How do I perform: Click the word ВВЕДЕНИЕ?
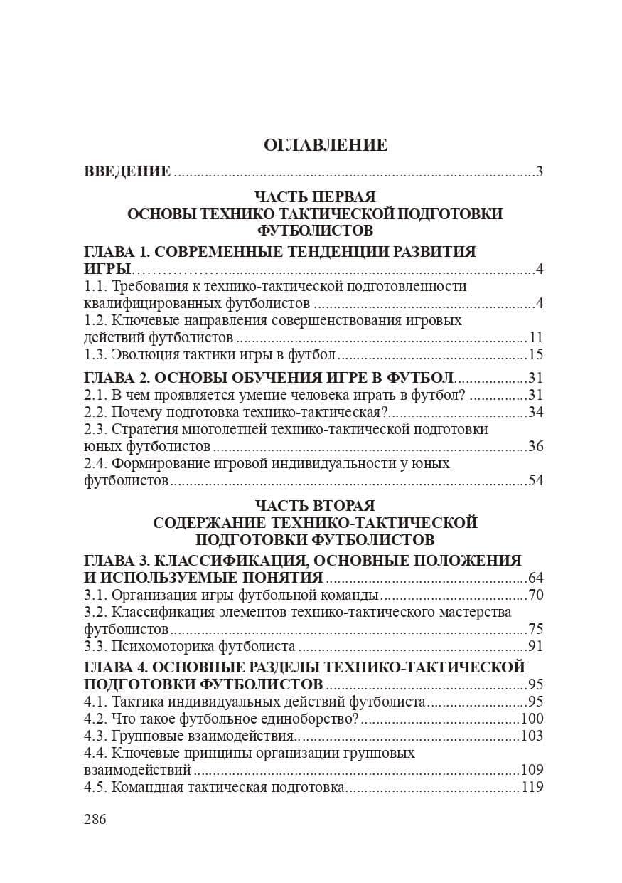(127, 171)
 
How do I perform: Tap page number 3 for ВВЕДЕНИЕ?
(540, 171)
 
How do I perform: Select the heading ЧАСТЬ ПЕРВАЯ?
(315, 197)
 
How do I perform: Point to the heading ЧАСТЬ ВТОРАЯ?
(315, 506)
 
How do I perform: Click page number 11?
(536, 337)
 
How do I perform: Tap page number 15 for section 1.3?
(536, 354)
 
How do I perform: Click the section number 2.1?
(95, 395)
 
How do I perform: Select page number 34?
(536, 412)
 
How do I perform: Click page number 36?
(536, 446)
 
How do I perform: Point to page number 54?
(536, 480)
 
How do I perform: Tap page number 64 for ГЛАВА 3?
(536, 576)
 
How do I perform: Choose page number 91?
(536, 646)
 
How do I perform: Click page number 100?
(532, 719)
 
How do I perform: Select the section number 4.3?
(95, 736)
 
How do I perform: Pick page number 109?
(532, 770)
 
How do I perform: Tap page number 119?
(532, 787)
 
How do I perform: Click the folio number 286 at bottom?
(95, 819)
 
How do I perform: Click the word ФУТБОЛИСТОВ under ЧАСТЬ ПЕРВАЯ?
(315, 231)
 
